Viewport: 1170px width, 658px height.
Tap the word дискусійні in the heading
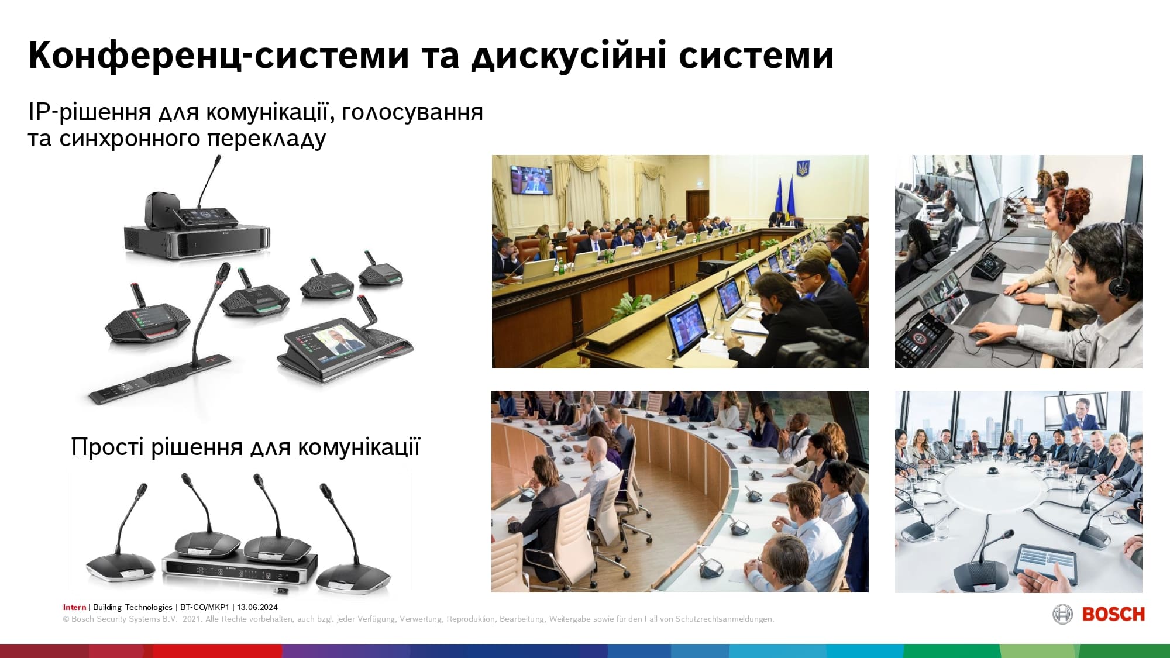click(569, 56)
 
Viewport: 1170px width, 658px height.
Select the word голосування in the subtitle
click(412, 112)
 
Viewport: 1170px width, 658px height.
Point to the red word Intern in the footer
click(74, 607)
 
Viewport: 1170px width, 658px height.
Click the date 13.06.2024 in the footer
click(257, 607)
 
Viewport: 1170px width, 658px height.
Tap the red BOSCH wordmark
click(1113, 614)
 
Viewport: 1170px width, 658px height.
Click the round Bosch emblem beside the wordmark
click(1062, 614)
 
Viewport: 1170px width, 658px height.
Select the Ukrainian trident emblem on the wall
click(804, 169)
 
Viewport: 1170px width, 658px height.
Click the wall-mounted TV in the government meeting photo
click(531, 180)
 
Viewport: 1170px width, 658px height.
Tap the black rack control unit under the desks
click(239, 567)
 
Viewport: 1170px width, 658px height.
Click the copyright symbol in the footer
click(66, 619)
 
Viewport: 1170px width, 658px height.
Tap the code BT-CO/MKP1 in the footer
click(205, 607)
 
